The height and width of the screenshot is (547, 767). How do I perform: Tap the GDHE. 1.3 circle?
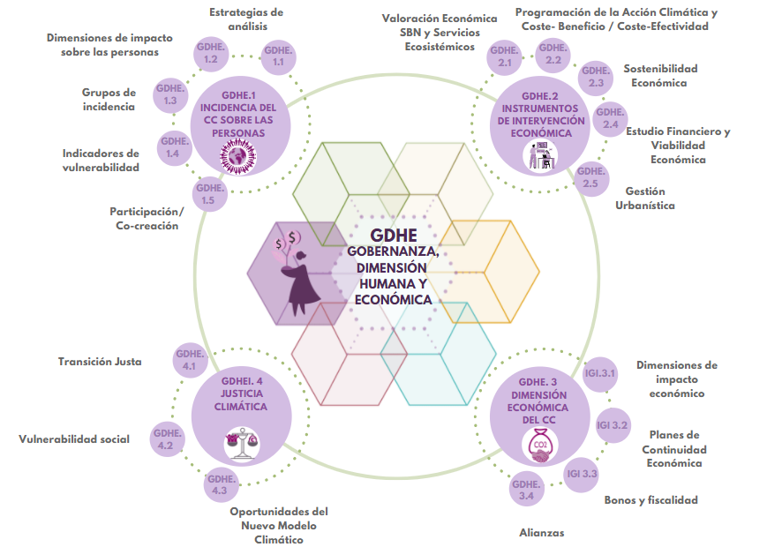pos(171,95)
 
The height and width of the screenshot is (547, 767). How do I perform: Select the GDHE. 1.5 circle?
pos(208,194)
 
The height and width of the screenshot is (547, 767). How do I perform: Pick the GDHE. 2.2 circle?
pos(553,55)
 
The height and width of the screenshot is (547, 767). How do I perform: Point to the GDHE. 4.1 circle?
pos(190,360)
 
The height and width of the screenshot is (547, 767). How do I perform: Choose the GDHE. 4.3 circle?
pos(220,484)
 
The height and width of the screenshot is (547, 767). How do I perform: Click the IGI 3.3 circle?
pos(583,474)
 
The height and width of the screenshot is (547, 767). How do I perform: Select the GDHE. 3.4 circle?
pos(527,490)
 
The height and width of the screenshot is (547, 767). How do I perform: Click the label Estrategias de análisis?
pos(246,19)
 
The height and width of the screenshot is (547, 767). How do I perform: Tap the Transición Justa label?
pos(100,362)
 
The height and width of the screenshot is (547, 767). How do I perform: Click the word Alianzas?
pos(541,532)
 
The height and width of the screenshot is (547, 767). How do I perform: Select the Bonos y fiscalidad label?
pos(650,500)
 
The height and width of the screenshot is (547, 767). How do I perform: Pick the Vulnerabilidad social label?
pos(74,439)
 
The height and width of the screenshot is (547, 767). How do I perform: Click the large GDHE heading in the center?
pos(394,236)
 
